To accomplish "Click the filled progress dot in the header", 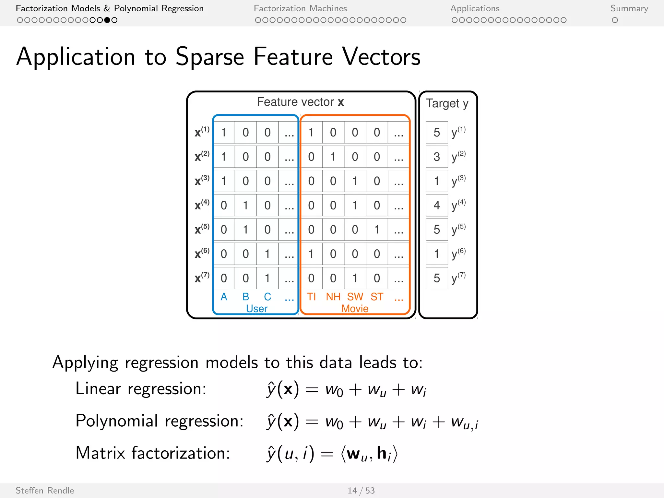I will (107, 20).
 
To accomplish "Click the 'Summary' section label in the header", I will (629, 8).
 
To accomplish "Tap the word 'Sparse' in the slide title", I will (210, 57).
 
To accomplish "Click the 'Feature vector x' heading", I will (300, 102).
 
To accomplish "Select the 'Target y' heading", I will (447, 103).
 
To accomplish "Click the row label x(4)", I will (202, 205).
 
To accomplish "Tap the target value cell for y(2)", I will (437, 157).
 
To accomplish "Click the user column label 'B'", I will (246, 297).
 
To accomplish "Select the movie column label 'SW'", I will (355, 297).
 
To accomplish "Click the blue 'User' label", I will (256, 308).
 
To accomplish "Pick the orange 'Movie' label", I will (355, 308).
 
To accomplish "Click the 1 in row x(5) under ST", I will (377, 230).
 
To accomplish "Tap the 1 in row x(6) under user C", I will (267, 254).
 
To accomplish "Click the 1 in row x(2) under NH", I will (333, 157).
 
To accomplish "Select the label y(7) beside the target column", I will (458, 278).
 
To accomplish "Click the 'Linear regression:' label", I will (141, 388).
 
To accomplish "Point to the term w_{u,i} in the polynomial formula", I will (464, 422).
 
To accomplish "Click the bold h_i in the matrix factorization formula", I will (384, 454).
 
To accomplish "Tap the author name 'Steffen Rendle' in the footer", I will (45, 491).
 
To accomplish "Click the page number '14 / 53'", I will (361, 491).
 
